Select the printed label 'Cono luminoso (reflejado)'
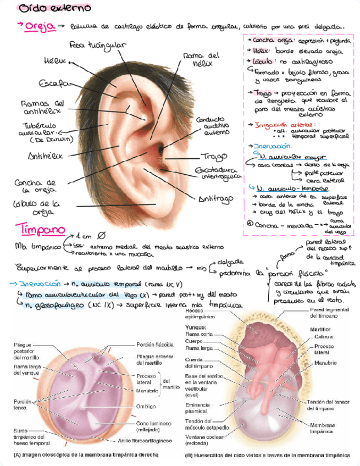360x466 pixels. tap(152, 427)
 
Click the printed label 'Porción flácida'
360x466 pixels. tap(155, 345)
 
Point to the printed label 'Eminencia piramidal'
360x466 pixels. tap(198, 408)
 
